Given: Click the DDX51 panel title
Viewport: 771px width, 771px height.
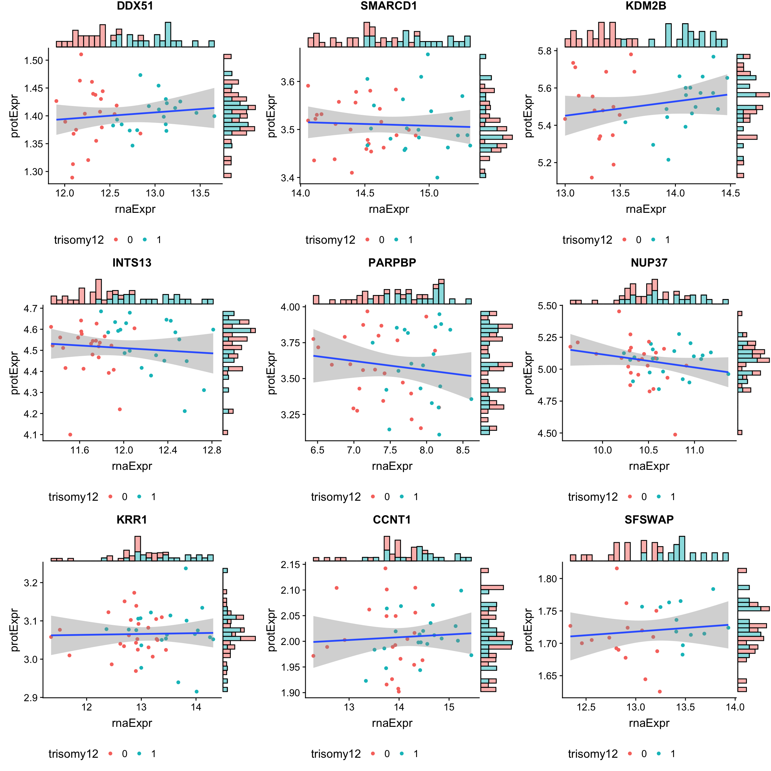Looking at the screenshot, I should [135, 6].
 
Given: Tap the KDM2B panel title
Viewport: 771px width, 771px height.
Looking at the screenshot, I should [645, 6].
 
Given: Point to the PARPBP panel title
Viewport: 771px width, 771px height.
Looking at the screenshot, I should [392, 263].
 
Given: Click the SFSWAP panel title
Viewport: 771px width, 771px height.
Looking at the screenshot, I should [649, 519].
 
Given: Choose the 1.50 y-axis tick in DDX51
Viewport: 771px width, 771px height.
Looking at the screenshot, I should [34, 61].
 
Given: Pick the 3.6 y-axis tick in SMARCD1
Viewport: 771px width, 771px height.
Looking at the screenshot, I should [287, 82].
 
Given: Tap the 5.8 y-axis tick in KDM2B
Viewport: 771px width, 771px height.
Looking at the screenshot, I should [544, 51].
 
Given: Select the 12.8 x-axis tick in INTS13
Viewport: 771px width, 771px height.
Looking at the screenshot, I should [212, 450].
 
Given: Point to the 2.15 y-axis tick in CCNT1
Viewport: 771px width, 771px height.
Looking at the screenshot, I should [290, 565].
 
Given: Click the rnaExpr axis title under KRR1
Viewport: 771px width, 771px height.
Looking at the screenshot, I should [132, 723].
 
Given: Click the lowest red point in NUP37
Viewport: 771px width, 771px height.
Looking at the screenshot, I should [675, 435].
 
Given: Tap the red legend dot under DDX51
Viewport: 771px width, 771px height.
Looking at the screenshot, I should [116, 240].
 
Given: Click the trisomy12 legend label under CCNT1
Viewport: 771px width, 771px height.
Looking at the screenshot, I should [336, 754].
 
